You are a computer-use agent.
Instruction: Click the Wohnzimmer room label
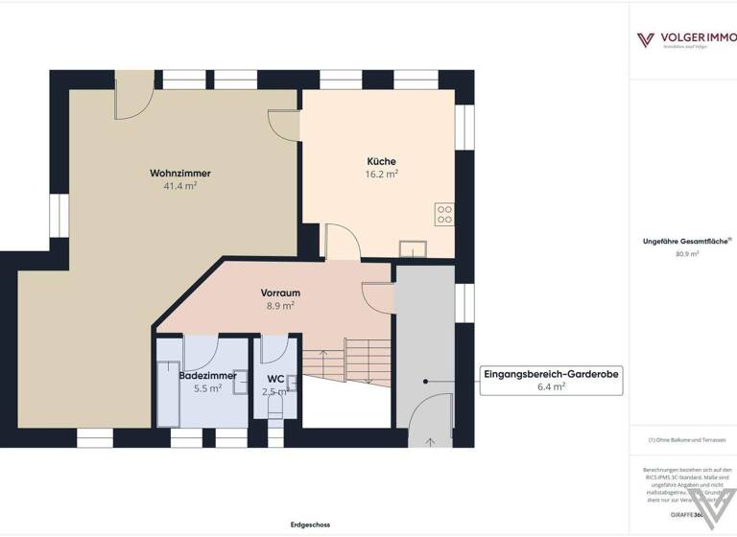tap(179, 173)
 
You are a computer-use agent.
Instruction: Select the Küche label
tap(381, 161)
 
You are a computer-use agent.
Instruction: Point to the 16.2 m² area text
tap(381, 175)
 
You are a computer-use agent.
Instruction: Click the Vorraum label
tap(280, 292)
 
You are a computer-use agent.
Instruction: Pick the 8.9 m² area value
tap(280, 306)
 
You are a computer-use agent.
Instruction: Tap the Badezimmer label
tap(207, 376)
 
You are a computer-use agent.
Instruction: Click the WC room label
tap(275, 378)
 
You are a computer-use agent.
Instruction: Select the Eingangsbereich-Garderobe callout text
tap(551, 375)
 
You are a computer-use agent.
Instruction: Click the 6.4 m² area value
tap(551, 387)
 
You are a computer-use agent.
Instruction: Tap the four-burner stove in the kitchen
tap(444, 214)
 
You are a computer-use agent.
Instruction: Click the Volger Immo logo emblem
tap(646, 39)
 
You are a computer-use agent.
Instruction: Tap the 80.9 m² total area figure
tap(687, 254)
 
